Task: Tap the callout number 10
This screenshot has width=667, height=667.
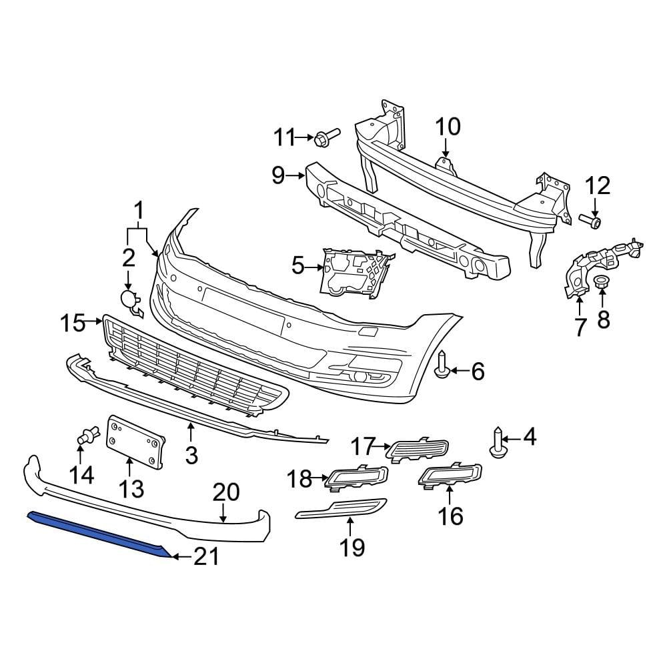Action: click(x=448, y=126)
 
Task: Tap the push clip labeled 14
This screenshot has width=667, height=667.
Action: click(x=83, y=437)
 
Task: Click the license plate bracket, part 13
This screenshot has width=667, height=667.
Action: click(x=135, y=440)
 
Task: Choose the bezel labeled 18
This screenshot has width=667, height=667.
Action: click(x=357, y=476)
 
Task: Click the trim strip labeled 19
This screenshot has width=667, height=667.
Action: click(x=340, y=509)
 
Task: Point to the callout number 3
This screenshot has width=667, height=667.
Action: click(x=191, y=456)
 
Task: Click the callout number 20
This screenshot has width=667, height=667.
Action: click(x=226, y=493)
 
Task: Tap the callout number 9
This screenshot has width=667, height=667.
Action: click(x=278, y=176)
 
